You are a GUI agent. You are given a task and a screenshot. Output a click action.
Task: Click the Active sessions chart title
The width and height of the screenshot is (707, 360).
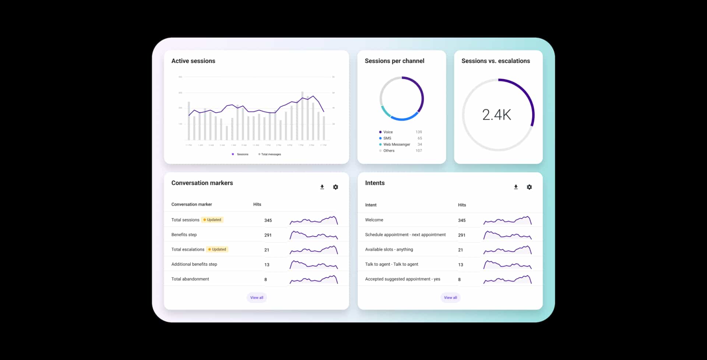point(193,61)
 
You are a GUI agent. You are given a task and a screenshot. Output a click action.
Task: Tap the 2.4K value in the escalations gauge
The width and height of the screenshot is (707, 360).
point(496,115)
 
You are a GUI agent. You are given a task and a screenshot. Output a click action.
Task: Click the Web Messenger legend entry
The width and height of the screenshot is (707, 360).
point(396,144)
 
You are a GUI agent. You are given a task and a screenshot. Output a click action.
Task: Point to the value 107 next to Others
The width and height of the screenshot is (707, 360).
point(419,151)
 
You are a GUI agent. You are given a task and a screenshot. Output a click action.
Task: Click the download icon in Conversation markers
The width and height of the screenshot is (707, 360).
point(322,187)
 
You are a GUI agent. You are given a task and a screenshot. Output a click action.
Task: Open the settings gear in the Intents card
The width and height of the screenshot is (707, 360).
point(529,187)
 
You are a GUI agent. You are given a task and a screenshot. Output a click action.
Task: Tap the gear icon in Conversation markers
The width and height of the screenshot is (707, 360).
point(335,187)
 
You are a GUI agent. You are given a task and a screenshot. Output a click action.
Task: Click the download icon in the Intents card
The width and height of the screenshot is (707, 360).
point(516,187)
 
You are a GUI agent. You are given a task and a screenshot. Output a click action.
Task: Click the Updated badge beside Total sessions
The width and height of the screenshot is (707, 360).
point(212,220)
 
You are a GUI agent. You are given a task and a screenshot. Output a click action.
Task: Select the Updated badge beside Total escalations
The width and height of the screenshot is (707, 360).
point(217,249)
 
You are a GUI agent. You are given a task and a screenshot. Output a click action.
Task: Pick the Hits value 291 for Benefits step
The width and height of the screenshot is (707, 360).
point(268,235)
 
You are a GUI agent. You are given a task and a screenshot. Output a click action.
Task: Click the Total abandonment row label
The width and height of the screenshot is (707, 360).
point(190,279)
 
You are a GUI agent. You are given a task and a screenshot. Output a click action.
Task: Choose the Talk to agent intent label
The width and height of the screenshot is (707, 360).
point(391,264)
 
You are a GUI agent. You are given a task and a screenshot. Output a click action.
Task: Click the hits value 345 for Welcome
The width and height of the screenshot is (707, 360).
point(462,220)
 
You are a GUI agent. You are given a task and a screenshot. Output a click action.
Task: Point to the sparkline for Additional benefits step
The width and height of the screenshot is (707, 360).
point(314,265)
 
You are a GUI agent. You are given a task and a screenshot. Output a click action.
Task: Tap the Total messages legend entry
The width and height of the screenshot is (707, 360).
point(270,154)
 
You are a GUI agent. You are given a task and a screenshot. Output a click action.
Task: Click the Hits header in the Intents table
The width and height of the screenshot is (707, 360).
point(462,205)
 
